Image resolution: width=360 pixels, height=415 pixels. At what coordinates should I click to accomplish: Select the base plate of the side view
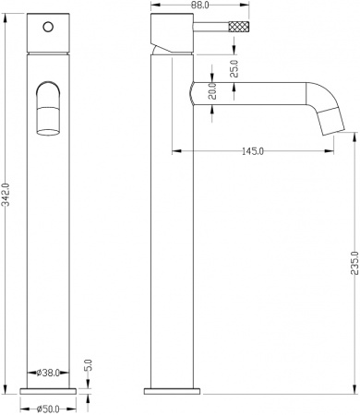coord(170,387)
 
